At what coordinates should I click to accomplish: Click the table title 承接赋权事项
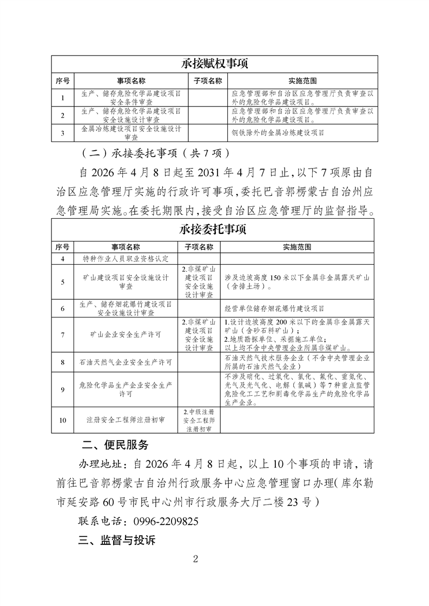(x=215, y=64)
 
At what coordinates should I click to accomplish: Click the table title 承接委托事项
(x=215, y=230)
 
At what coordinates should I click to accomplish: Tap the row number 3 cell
(x=63, y=133)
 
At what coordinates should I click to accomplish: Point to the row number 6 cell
(x=63, y=308)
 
